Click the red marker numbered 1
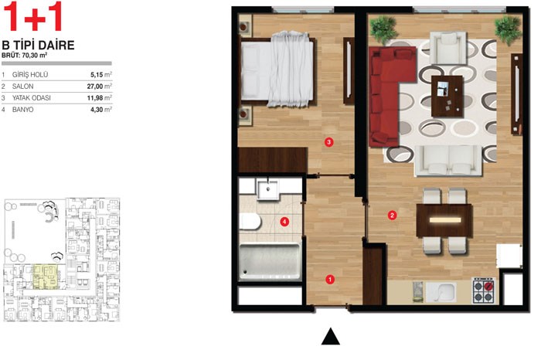pos(330,280)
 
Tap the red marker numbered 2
pos(392,216)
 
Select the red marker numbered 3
pos(328,141)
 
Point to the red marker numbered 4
pos(284,222)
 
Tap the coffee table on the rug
pos(447,96)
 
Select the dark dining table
pos(444,220)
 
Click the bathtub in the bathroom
pos(270,260)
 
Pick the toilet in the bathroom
pos(250,222)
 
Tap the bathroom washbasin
pos(267,190)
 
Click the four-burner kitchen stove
pos(483,290)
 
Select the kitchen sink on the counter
pos(441,293)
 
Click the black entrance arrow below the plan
pos(331,336)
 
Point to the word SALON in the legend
pos(22,87)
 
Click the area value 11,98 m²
pos(100,98)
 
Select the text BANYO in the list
pos(22,110)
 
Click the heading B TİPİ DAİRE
pos(39,45)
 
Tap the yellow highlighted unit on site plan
pos(45,277)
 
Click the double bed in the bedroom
pos(277,69)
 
